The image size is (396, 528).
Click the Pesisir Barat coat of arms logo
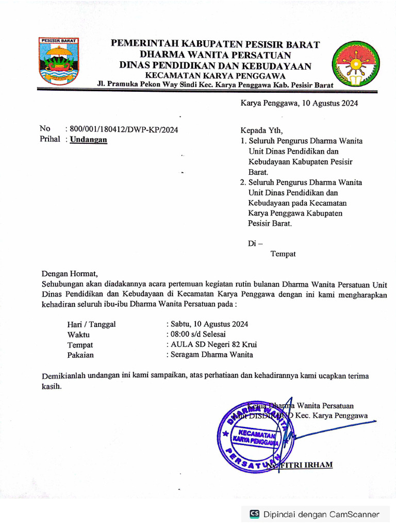[58, 61]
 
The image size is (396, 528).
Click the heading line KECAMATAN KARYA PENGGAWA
[215, 75]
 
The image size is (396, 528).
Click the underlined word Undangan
[89, 140]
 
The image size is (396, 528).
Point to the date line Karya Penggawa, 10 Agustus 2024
[299, 103]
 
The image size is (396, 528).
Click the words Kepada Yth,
[261, 130]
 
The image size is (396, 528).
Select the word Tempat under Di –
[283, 254]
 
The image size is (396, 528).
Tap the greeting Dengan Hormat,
[69, 274]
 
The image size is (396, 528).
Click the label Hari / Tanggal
[91, 324]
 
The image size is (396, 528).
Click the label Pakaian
[80, 355]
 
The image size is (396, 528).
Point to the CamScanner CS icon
[254, 514]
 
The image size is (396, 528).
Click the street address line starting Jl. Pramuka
[215, 85]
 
